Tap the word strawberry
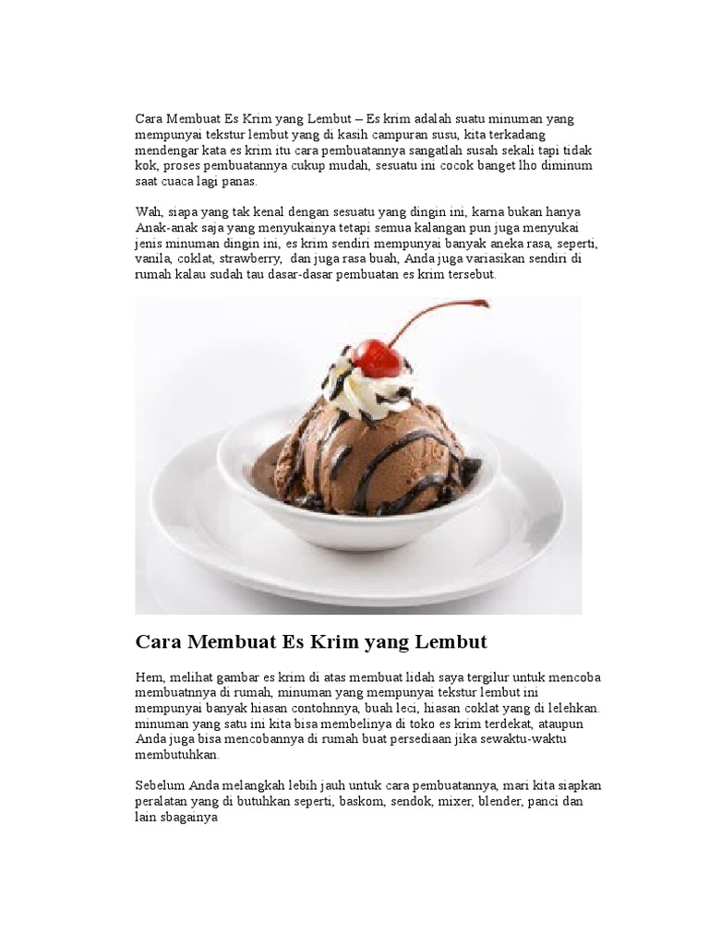(237, 259)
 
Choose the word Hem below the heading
(149, 676)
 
